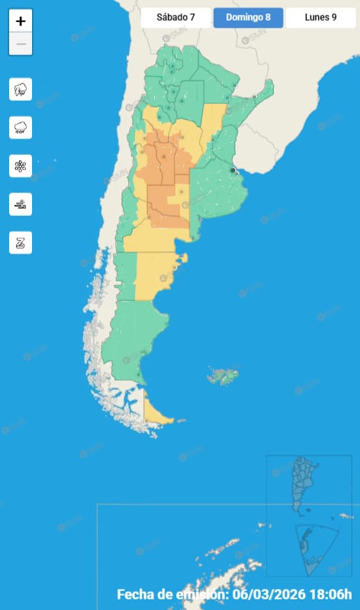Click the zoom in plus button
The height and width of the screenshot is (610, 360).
(x=21, y=21)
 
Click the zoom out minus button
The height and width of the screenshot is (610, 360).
(x=21, y=44)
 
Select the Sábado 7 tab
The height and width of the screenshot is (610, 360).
(x=175, y=18)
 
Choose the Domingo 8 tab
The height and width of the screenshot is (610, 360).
(x=248, y=18)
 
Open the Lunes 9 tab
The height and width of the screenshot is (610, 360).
(x=320, y=18)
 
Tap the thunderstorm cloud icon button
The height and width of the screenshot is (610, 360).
(x=21, y=90)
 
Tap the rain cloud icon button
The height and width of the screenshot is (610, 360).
(x=21, y=128)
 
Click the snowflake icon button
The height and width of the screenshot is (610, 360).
(x=21, y=166)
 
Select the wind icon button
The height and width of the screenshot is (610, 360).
(x=21, y=204)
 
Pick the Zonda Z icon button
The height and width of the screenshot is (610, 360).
(x=21, y=242)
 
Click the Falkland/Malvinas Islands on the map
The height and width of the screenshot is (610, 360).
(x=223, y=375)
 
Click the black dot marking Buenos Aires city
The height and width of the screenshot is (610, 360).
(x=233, y=171)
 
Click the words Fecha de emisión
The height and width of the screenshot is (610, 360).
(x=172, y=595)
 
